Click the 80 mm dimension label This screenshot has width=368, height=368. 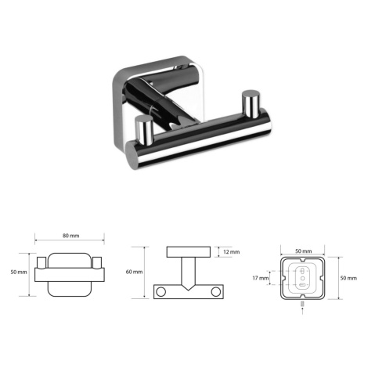[70, 236]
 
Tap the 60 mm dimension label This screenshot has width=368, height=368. [134, 272]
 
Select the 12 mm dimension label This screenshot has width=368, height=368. [231, 252]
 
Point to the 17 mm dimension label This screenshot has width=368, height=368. [260, 278]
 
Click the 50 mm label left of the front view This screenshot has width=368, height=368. [19, 272]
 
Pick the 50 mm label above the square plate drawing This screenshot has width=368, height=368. [304, 251]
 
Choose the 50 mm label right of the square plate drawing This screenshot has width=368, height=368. [348, 278]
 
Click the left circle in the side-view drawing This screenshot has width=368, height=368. [161, 291]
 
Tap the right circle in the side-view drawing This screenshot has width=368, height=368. [216, 291]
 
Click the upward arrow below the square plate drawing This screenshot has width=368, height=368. [302, 311]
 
